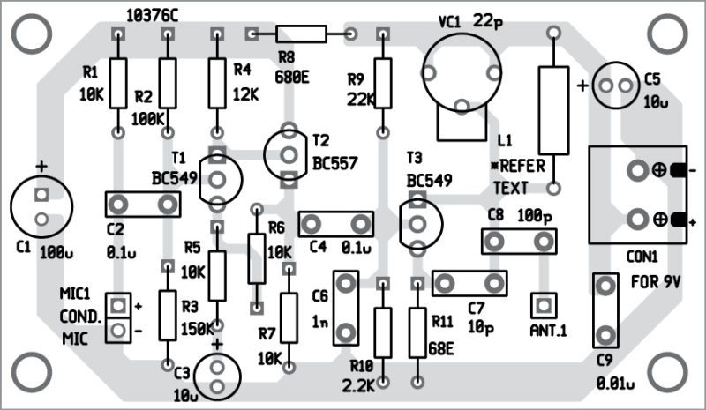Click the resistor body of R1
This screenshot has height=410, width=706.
pos(118,83)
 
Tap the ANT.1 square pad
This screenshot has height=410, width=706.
pos(542,305)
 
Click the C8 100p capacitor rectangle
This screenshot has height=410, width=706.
pos(520,241)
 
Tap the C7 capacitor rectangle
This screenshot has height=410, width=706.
pos(469,283)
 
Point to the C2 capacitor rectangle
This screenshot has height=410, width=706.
pos(142,204)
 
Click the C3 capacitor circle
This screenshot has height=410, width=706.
pos(217,375)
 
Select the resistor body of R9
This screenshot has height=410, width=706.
pos(382,83)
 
